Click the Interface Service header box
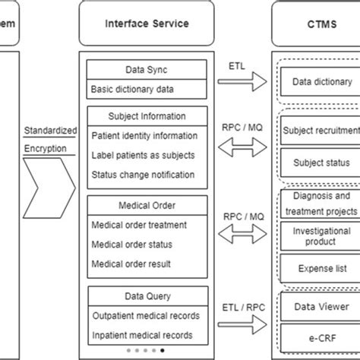[146, 24]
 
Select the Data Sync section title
[146, 70]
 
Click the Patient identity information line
[144, 136]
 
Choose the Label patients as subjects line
[142, 155]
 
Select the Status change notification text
[142, 174]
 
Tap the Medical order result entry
[131, 264]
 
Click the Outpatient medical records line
[145, 316]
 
